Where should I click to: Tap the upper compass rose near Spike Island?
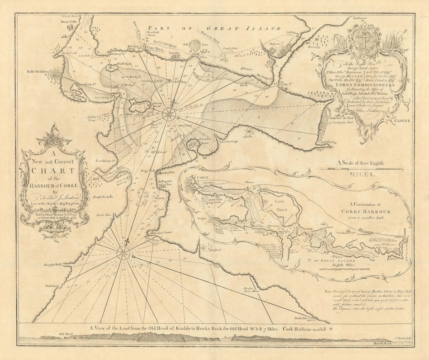click(x=169, y=114)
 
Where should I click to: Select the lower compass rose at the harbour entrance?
click(x=123, y=252)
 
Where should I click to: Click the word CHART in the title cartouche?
click(x=53, y=170)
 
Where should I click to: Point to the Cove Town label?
click(x=155, y=48)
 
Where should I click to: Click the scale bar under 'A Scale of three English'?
click(x=362, y=169)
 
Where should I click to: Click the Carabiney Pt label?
click(x=104, y=160)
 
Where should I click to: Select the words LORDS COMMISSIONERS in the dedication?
click(x=362, y=84)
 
